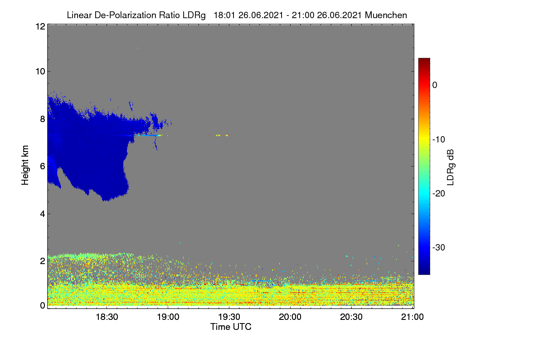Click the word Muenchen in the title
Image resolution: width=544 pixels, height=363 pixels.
(x=386, y=15)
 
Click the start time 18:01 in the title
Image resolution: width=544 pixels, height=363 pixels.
(x=224, y=15)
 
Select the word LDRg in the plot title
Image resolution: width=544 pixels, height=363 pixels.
(x=194, y=15)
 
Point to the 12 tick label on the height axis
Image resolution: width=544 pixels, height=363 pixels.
(x=40, y=26)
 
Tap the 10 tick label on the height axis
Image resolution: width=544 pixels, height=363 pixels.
(x=40, y=72)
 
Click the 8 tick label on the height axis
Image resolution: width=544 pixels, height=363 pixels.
(x=43, y=119)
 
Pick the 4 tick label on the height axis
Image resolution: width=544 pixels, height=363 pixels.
(x=43, y=214)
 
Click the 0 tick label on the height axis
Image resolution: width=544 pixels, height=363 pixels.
(x=43, y=305)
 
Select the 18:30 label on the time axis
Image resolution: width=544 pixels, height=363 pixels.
(x=107, y=317)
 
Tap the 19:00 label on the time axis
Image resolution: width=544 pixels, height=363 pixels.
(x=168, y=317)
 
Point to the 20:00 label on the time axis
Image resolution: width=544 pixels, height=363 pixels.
(x=290, y=317)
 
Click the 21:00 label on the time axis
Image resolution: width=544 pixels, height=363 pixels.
(x=413, y=317)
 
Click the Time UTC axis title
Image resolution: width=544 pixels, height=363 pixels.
(x=231, y=327)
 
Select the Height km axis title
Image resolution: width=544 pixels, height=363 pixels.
(x=25, y=165)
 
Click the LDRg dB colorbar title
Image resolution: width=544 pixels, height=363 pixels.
(x=451, y=167)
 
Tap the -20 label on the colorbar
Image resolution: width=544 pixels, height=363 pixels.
(x=439, y=194)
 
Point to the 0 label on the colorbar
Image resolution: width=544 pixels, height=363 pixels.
(x=435, y=85)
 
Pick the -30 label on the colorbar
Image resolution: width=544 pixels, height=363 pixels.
(x=439, y=247)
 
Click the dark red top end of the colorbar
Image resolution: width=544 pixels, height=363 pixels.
(x=424, y=59)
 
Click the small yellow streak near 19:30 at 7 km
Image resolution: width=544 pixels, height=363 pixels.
(x=222, y=135)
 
